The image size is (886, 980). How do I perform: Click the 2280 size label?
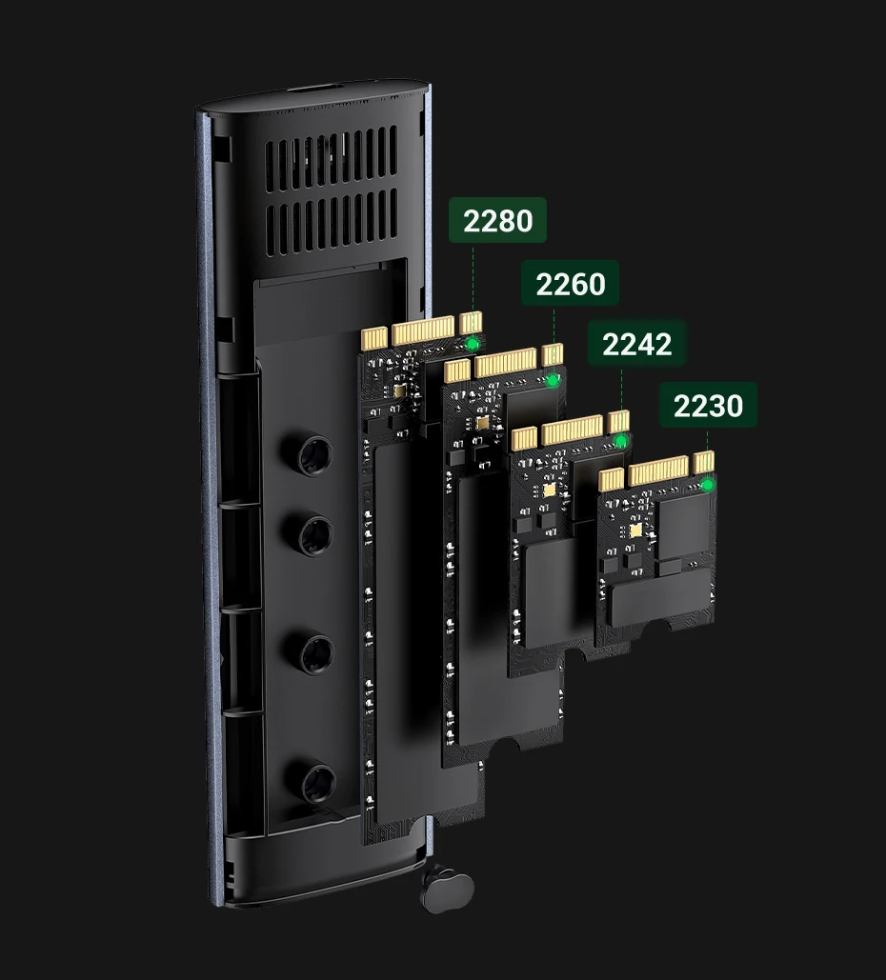(x=497, y=221)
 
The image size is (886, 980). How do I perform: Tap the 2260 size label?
(x=570, y=284)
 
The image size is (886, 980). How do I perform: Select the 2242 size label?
(x=636, y=344)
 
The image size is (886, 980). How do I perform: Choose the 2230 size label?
(x=708, y=406)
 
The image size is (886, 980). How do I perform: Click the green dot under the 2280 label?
(x=473, y=343)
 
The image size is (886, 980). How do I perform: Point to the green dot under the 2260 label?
(x=553, y=380)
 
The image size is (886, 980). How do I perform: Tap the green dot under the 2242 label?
(x=621, y=442)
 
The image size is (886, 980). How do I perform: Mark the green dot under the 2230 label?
(x=707, y=485)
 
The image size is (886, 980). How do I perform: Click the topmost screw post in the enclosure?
(x=313, y=457)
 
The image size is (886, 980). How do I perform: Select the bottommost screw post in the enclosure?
(x=316, y=782)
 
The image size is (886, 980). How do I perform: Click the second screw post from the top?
(x=314, y=535)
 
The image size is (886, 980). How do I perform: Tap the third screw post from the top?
(x=315, y=653)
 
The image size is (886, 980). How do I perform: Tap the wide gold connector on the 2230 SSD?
(x=657, y=470)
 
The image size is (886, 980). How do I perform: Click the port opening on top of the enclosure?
(x=314, y=93)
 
